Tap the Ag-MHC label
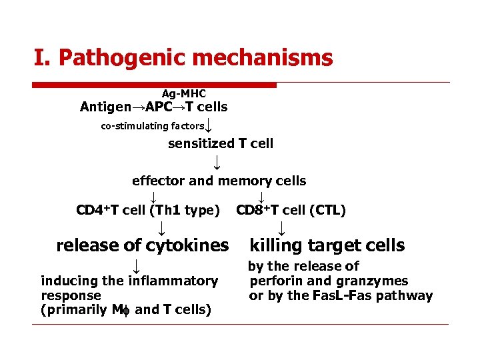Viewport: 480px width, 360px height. [x=183, y=95]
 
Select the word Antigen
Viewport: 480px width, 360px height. [x=105, y=107]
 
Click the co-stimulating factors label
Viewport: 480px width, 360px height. [x=153, y=126]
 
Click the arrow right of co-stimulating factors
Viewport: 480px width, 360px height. [x=209, y=125]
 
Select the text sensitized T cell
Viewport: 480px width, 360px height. [x=220, y=143]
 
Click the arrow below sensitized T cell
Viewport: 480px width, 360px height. [x=216, y=162]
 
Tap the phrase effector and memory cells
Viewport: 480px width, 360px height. [x=219, y=181]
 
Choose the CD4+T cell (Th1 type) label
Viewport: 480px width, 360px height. [x=148, y=211]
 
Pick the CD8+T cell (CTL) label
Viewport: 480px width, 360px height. [x=291, y=211]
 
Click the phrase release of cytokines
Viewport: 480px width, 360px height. [x=142, y=245]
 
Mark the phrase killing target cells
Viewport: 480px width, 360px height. [x=327, y=245]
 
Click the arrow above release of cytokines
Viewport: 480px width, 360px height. [x=161, y=229]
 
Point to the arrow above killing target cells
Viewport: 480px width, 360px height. [x=282, y=229]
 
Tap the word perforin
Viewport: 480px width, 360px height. [x=273, y=281]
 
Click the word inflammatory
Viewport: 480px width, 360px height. [x=176, y=281]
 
